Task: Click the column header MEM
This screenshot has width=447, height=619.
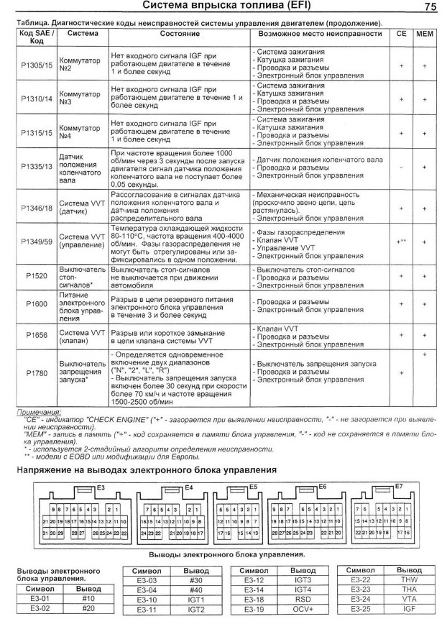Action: pos(425,33)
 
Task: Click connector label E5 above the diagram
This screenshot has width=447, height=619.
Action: pos(253,487)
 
